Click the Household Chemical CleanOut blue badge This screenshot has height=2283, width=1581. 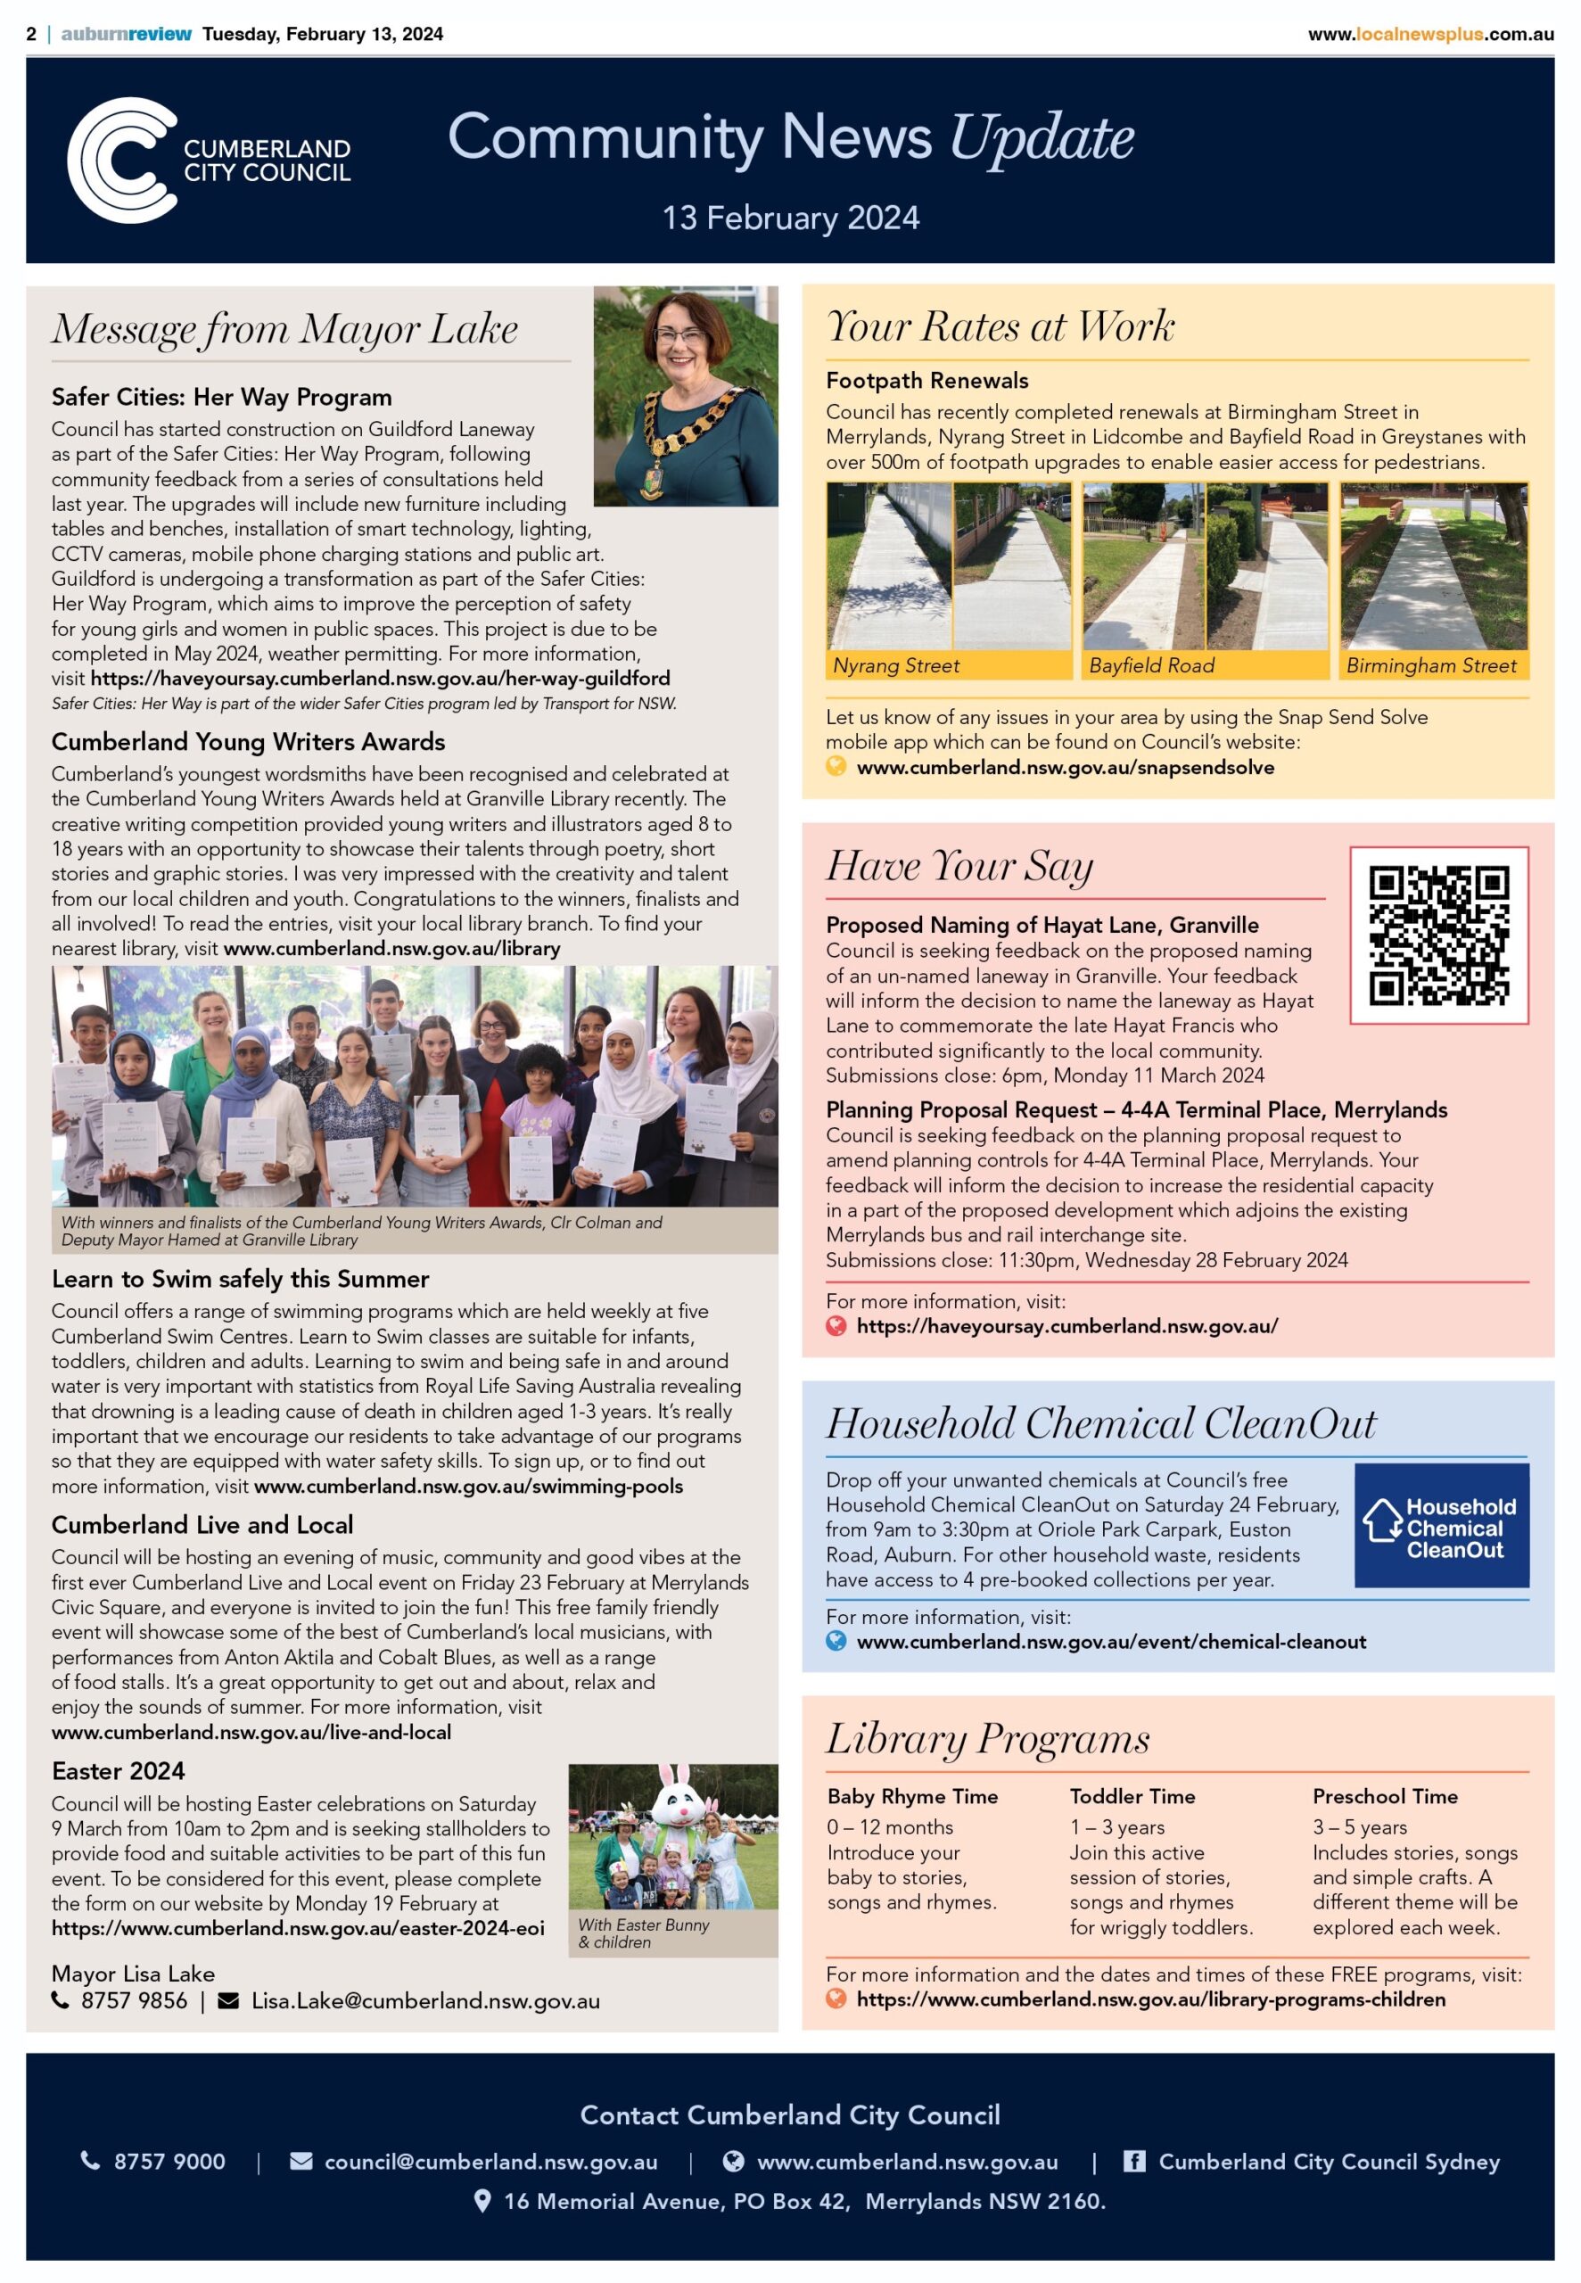click(x=1441, y=1526)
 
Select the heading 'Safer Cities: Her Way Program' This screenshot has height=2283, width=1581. click(x=222, y=397)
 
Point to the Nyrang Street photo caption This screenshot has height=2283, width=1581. click(x=896, y=665)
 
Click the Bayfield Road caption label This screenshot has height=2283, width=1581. click(x=1151, y=665)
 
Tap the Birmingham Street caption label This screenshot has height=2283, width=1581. click(x=1430, y=665)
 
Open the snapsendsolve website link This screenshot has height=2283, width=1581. click(x=1065, y=768)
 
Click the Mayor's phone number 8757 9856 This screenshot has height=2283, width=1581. click(x=134, y=2000)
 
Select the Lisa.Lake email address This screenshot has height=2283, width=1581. click(x=425, y=2000)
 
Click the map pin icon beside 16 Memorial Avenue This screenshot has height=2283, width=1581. click(x=482, y=2201)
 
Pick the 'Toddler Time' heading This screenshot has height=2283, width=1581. click(x=1132, y=1796)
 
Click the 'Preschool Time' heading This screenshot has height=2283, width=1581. click(x=1385, y=1796)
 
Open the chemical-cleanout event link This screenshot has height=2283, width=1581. click(x=1110, y=1641)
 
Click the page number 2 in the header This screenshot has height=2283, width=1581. click(x=32, y=34)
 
